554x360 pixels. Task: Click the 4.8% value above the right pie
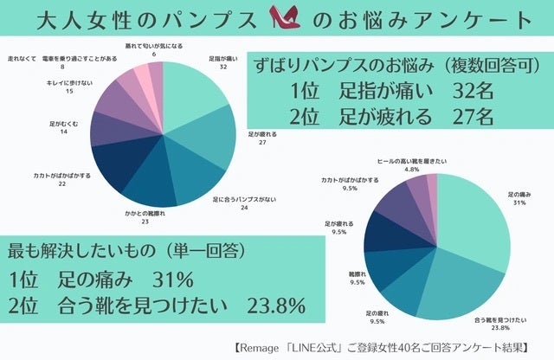412,170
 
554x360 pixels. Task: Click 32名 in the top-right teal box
471,90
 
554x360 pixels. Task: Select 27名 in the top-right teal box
471,116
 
